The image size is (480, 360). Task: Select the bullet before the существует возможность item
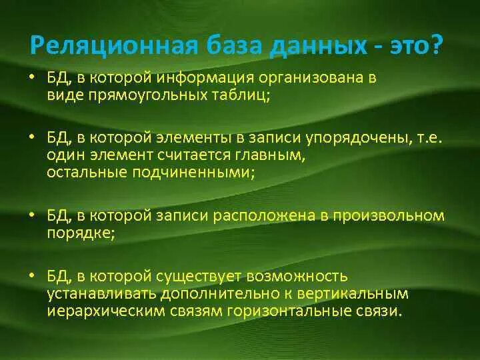32,275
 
